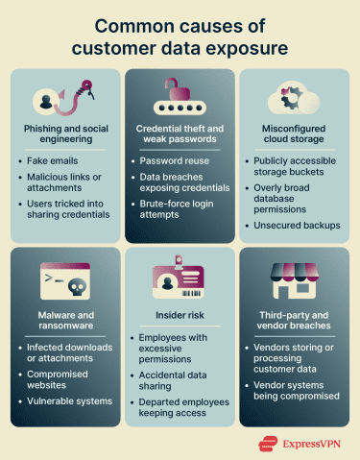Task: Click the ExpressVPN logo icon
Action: [x=266, y=444]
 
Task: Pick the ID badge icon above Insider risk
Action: [x=180, y=278]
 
